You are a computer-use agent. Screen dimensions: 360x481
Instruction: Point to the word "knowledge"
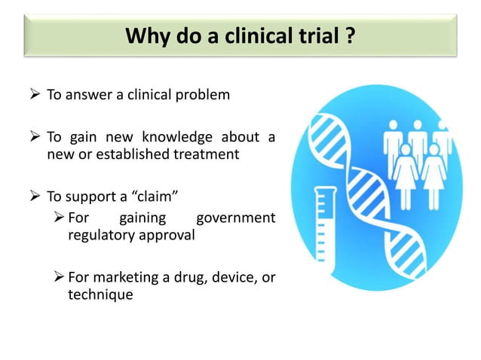pos(175,137)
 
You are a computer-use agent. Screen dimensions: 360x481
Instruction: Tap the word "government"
pos(234,218)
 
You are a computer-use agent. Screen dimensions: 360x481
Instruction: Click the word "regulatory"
pos(96,235)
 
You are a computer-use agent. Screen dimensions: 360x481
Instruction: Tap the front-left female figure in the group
pos(406,173)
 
